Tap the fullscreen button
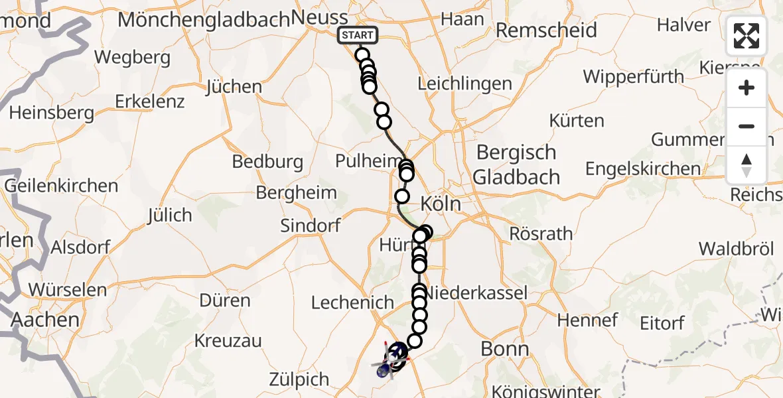tap(747, 36)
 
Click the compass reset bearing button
tap(747, 165)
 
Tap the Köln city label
tap(441, 204)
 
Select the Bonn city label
tap(506, 350)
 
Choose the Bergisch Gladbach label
tap(517, 165)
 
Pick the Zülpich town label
tap(299, 379)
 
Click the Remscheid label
tap(546, 30)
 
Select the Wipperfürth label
tap(633, 76)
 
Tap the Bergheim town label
tap(296, 193)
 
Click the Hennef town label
tap(587, 320)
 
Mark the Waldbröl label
tap(737, 249)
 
